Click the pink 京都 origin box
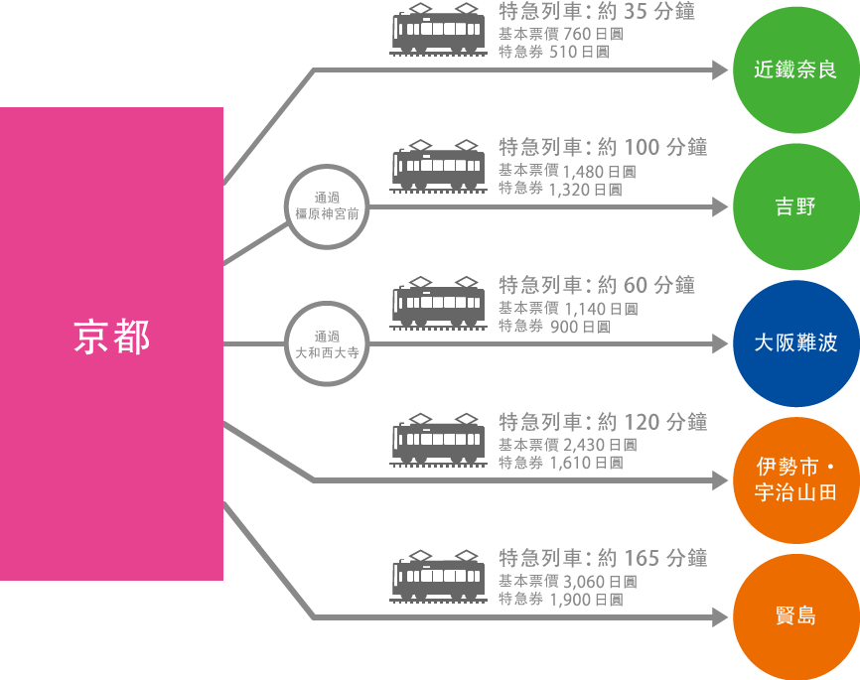[111, 343]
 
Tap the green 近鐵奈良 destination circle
[795, 70]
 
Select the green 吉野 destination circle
[795, 206]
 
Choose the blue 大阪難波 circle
[795, 343]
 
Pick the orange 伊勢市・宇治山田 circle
[795, 480]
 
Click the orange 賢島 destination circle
[795, 616]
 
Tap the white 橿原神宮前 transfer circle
[327, 206]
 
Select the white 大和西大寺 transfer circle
[327, 343]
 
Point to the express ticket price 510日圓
[578, 53]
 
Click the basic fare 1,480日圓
[599, 171]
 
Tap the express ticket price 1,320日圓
[585, 190]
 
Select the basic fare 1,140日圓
[599, 309]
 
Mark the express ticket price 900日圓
[579, 327]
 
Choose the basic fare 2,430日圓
[599, 445]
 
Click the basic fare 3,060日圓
[599, 582]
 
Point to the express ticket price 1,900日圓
[585, 601]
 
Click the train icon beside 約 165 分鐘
[438, 577]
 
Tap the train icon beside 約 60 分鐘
[438, 304]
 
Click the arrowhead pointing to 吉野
[721, 206]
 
